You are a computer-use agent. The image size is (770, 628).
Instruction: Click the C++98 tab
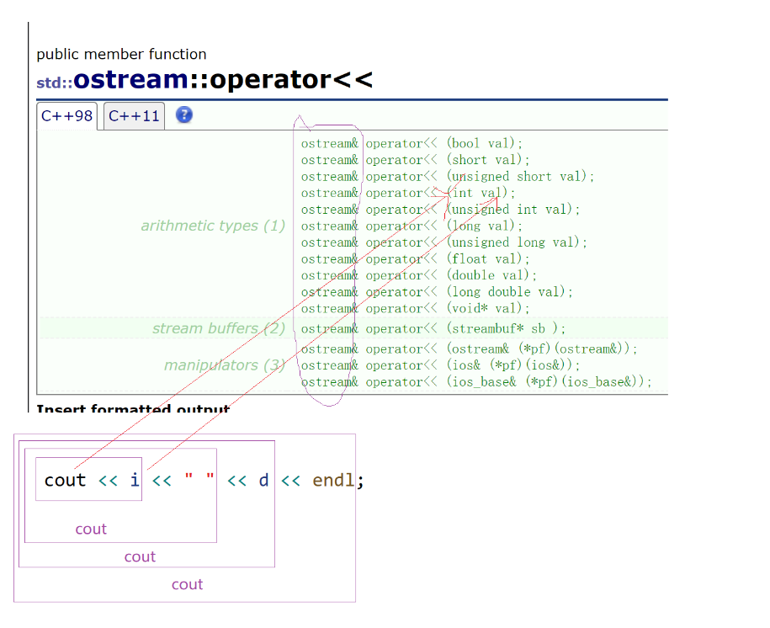[x=66, y=116]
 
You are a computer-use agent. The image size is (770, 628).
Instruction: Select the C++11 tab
[x=134, y=116]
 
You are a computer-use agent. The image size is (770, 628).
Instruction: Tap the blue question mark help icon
[x=184, y=115]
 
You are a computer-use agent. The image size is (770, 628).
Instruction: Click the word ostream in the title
[x=130, y=80]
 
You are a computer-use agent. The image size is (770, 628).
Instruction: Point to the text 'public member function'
[x=121, y=54]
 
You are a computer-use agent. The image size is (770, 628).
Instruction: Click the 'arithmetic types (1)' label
[x=213, y=226]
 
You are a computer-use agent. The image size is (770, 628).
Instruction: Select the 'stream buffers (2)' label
[x=219, y=328]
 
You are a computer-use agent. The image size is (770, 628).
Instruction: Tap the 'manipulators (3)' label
[x=224, y=365]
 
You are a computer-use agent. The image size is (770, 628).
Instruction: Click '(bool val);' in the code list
[x=485, y=143]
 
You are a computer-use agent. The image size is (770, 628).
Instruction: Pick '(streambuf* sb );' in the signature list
[x=506, y=329]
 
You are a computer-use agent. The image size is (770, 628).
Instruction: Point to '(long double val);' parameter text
[x=510, y=292]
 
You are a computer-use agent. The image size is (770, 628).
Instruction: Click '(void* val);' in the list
[x=489, y=309]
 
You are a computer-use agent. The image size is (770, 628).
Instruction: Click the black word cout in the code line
[x=65, y=481]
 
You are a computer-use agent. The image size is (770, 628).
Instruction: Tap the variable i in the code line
[x=135, y=481]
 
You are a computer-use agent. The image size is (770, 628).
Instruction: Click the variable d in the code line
[x=263, y=481]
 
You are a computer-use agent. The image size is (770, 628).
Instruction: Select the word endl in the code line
[x=333, y=481]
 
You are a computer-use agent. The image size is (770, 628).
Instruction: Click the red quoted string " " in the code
[x=199, y=481]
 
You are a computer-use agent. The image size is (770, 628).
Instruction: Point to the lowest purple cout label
[x=187, y=584]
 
